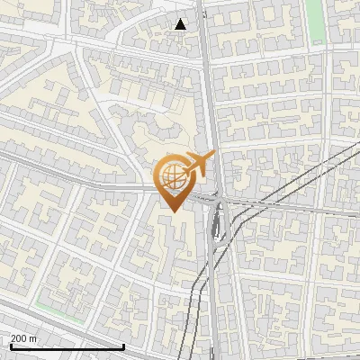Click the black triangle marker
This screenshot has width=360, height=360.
[181, 24]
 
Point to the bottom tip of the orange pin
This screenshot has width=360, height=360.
[172, 211]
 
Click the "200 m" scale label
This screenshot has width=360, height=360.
[24, 337]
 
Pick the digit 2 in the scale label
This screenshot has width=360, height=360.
[13, 337]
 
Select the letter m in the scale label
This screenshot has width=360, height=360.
[34, 337]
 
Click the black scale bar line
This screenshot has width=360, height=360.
[67, 346]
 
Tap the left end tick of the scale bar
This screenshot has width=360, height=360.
[10, 345]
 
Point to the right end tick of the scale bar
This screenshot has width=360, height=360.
[123, 345]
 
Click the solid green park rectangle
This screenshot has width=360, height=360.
[315, 20]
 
